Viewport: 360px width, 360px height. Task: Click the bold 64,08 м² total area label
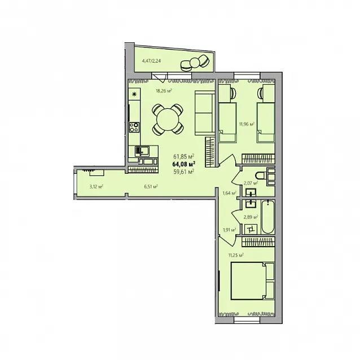(184, 164)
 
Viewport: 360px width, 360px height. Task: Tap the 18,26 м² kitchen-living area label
(164, 91)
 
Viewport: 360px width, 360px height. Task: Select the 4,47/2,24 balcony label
(151, 61)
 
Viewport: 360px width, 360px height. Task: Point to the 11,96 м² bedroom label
(247, 124)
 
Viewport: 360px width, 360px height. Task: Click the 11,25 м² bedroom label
(236, 255)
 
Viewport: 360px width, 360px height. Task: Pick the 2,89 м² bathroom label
(251, 217)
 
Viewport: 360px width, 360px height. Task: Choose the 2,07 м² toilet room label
(251, 183)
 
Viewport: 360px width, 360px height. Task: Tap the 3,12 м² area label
(96, 186)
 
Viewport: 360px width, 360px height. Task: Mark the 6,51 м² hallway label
(151, 186)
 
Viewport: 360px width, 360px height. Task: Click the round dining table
(168, 120)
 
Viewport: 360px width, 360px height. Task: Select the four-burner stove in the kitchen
(134, 127)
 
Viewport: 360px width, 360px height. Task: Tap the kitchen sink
(142, 151)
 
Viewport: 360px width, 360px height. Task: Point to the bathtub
(268, 217)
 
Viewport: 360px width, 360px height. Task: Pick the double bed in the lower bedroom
(253, 281)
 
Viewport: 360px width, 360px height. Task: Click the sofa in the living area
(205, 113)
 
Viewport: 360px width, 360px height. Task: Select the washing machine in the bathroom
(251, 229)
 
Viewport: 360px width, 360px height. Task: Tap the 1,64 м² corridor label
(229, 194)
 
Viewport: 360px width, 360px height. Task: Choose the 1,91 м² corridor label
(229, 229)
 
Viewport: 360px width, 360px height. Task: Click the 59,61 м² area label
(184, 172)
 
